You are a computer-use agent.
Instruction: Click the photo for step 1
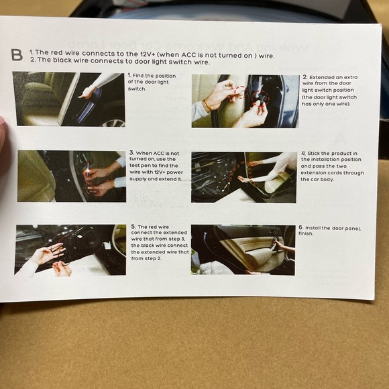pyautogui.click(x=68, y=99)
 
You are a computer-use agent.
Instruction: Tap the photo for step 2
pyautogui.click(x=245, y=101)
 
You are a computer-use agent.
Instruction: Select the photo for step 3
pyautogui.click(x=71, y=176)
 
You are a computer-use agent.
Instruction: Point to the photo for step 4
pyautogui.click(x=243, y=177)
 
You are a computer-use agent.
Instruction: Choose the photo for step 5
pyautogui.click(x=70, y=249)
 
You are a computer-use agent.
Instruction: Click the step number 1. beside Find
pyautogui.click(x=130, y=76)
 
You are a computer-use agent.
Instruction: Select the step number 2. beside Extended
pyautogui.click(x=304, y=77)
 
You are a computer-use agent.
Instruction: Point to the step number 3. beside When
pyautogui.click(x=131, y=153)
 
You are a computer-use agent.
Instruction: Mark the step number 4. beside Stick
pyautogui.click(x=303, y=153)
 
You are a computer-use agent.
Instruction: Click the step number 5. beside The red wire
pyautogui.click(x=133, y=227)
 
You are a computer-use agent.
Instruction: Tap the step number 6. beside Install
pyautogui.click(x=301, y=228)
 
